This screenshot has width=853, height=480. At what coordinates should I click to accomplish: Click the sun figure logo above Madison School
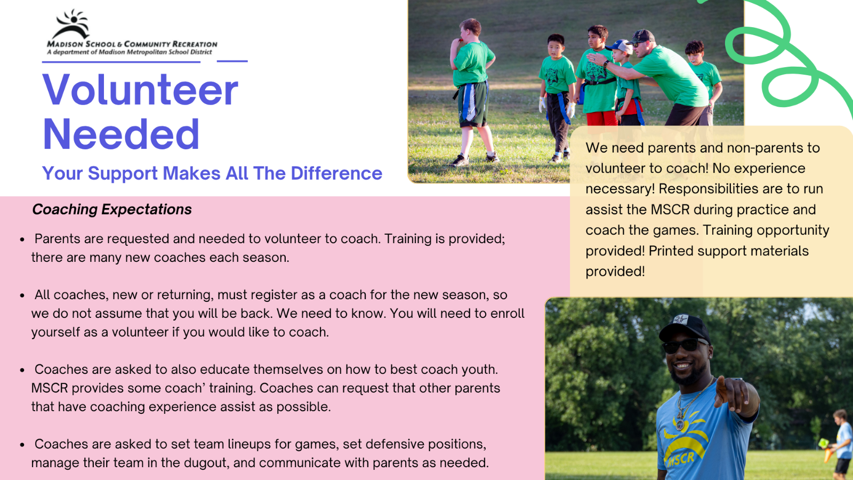click(71, 25)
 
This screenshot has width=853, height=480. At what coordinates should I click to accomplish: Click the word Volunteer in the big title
click(141, 90)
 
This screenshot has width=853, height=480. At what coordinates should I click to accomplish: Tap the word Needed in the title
click(121, 134)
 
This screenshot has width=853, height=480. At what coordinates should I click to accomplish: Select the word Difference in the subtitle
click(336, 173)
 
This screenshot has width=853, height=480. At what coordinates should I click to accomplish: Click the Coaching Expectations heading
click(112, 210)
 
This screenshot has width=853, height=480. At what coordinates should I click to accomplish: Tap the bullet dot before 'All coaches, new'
click(22, 295)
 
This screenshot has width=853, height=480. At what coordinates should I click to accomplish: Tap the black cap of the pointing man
click(685, 328)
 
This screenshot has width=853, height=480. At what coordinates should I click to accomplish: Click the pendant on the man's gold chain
click(680, 424)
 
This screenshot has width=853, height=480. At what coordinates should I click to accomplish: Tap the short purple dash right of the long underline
click(232, 61)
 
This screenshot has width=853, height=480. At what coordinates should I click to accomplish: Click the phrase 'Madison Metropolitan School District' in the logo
click(155, 52)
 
